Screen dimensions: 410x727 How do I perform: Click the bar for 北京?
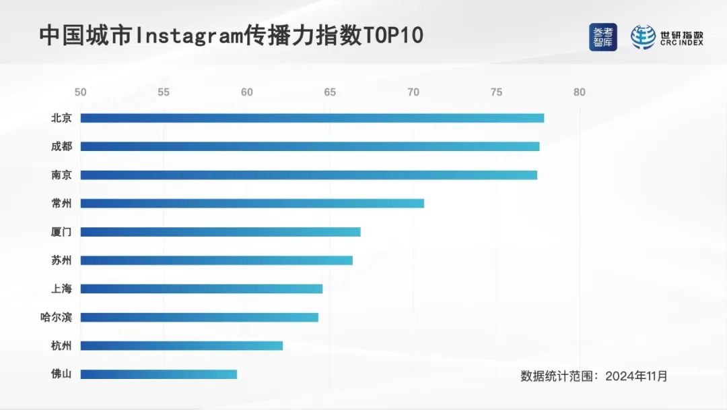click(312, 118)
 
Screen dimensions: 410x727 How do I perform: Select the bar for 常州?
click(252, 203)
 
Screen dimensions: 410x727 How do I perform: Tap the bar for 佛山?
click(158, 374)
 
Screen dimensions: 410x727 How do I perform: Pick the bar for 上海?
click(201, 289)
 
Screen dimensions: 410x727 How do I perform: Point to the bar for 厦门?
click(220, 232)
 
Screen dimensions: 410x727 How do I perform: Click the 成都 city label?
click(61, 146)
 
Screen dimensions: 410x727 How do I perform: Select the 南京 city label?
click(61, 175)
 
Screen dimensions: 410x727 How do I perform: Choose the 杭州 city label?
click(61, 346)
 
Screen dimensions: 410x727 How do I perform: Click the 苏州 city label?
click(61, 260)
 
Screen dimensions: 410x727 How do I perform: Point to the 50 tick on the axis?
click(80, 92)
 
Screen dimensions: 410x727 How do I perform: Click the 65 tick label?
click(330, 92)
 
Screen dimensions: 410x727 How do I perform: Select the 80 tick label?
click(579, 92)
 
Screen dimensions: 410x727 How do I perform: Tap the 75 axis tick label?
click(496, 92)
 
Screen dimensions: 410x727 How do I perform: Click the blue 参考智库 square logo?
click(602, 37)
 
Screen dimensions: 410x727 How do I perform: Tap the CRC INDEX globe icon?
click(643, 37)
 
